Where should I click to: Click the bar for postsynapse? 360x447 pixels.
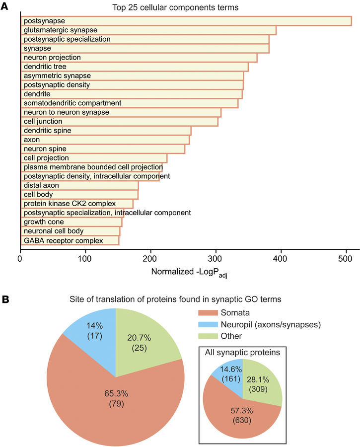186,21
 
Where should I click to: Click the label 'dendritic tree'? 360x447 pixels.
45,67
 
